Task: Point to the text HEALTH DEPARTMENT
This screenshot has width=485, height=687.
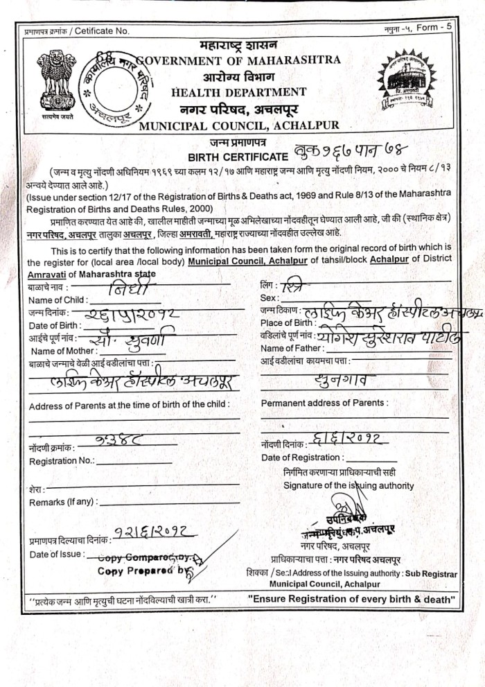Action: (238, 92)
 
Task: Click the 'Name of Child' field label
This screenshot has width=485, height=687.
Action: (58, 299)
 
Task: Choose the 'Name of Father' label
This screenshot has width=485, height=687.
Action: (292, 348)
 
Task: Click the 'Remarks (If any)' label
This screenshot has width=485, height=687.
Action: (62, 502)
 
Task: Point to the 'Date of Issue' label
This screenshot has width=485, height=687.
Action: (56, 554)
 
